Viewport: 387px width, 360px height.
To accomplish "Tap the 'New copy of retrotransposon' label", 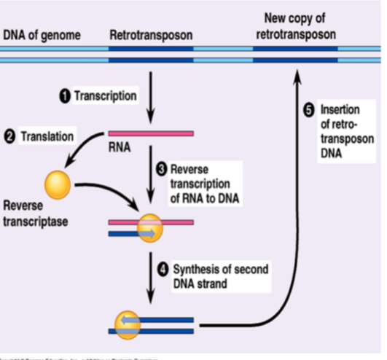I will [295, 28].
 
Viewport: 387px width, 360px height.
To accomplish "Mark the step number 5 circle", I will [308, 110].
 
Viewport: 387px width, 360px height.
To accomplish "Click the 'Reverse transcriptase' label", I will [34, 211].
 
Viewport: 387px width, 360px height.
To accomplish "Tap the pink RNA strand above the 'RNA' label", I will [151, 133].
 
